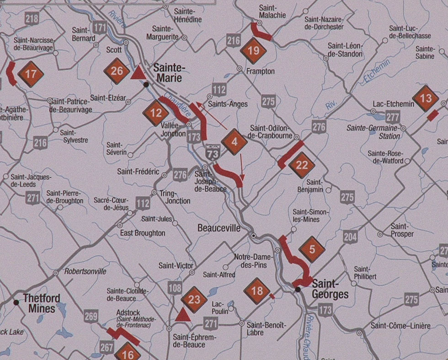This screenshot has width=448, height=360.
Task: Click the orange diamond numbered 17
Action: tap(31, 74)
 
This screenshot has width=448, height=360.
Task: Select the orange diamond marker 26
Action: tap(117, 71)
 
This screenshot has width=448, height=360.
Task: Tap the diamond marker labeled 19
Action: tap(253, 51)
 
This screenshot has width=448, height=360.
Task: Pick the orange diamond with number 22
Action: tap(302, 165)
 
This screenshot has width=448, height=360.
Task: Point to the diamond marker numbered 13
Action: tap(426, 98)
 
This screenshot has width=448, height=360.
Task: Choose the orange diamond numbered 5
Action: tap(312, 249)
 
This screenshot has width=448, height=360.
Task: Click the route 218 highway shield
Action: tap(32, 19)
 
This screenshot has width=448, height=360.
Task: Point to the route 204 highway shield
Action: tap(350, 236)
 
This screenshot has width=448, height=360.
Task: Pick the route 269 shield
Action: tap(91, 315)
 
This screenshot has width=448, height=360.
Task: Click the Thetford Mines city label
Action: tap(42, 303)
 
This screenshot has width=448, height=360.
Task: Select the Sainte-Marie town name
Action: tap(170, 73)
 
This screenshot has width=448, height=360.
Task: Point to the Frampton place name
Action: tap(261, 71)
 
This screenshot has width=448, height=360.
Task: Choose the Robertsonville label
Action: tap(85, 271)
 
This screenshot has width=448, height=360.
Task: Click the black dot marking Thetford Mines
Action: tap(16, 302)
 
